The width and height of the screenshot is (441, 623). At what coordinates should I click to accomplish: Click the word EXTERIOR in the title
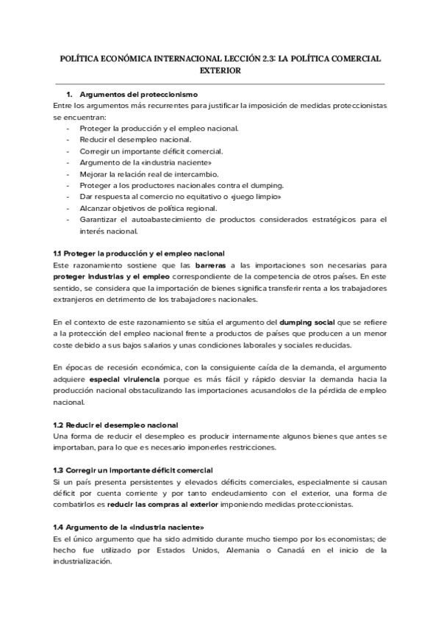220,71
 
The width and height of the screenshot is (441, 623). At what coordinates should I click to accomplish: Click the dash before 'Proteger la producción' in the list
68,129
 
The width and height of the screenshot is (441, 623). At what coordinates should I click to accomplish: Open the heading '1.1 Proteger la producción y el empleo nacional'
139,253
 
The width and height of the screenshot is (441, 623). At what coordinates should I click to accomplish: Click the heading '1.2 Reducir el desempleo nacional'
115,425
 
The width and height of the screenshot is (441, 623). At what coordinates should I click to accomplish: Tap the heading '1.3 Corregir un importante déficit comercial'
133,470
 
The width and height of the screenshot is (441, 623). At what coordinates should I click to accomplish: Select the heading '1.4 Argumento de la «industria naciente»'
129,527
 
